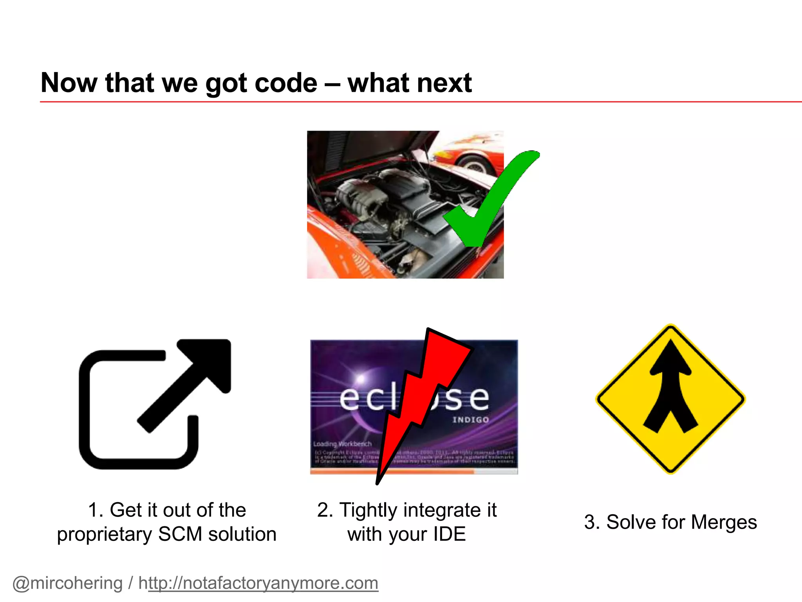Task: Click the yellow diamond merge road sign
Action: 670,399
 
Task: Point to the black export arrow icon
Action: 155,404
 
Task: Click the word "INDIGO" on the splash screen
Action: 471,420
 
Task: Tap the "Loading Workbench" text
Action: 342,444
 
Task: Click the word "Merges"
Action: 724,522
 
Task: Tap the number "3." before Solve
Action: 592,522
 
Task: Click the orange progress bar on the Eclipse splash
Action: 392,472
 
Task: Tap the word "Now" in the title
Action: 69,83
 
